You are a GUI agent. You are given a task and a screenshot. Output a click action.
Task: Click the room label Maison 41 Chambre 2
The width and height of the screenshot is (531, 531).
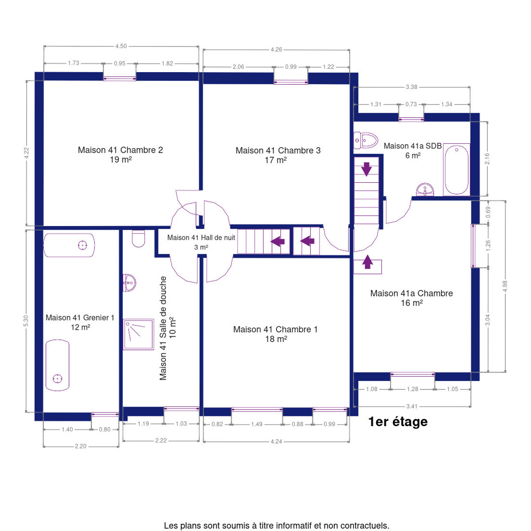[120, 150]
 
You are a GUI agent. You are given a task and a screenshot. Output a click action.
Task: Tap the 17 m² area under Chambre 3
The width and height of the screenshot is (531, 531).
[275, 160]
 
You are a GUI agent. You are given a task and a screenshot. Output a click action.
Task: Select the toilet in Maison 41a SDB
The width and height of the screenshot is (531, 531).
[366, 140]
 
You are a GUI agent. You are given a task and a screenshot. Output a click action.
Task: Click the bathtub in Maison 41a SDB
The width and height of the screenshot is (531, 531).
[456, 169]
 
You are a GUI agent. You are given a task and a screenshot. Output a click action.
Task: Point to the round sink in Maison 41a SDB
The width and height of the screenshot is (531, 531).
[425, 189]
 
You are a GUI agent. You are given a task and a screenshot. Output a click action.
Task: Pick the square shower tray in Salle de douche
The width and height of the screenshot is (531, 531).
[138, 334]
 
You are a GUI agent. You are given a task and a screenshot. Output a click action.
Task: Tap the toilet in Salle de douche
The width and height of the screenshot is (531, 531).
[139, 239]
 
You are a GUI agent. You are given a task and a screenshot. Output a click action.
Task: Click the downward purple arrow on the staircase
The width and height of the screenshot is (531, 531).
[366, 169]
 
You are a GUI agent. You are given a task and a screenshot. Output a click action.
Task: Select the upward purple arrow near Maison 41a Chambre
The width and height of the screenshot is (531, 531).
[367, 262]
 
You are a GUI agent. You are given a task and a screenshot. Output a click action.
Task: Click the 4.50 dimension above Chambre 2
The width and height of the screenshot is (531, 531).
[121, 46]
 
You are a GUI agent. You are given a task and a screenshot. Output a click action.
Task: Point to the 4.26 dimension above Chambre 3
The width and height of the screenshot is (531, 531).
[276, 50]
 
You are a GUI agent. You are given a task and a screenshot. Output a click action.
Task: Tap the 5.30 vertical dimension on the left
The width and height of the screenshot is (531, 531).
[26, 321]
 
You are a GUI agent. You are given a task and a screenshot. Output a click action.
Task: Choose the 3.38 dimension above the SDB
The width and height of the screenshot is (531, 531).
[412, 87]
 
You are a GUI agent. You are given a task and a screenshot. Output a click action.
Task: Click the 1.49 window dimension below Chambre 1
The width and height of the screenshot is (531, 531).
[257, 424]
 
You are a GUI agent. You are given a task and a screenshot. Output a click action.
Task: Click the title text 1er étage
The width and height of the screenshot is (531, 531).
[398, 422]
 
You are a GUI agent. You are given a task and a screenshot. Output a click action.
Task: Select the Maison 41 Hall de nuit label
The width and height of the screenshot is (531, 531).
[201, 238]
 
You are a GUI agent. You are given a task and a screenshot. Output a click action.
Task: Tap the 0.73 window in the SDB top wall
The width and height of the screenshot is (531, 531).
[411, 119]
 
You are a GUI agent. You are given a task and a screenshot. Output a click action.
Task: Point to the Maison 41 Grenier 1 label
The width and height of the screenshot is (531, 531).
[80, 318]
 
